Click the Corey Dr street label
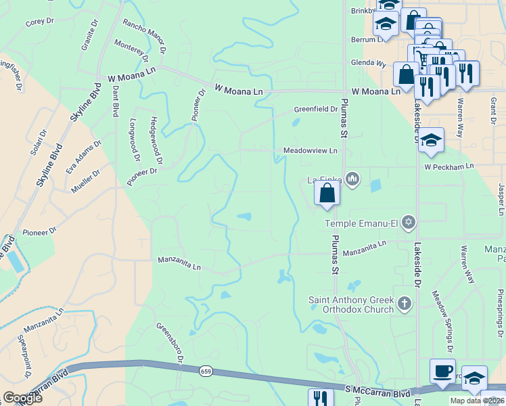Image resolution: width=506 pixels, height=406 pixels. tap(39, 22)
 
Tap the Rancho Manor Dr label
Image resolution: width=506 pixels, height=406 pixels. tap(144, 36)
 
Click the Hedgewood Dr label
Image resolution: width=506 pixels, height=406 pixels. tap(156, 141)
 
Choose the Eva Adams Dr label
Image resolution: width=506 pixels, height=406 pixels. tap(83, 157)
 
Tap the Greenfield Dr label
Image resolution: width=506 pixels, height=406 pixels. tap(315, 109)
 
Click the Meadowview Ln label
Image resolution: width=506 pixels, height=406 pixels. tap(310, 150)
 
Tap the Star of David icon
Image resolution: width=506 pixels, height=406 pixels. tap(408, 222)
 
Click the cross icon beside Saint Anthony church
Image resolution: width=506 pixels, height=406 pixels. tap(405, 304)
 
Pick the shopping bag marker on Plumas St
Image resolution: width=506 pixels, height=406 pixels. tap(327, 193)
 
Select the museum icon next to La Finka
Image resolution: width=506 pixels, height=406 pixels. tap(352, 179)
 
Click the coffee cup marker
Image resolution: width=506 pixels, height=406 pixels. tap(442, 371)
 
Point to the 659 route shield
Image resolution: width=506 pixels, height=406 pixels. tap(206, 371)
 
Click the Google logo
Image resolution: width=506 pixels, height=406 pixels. tap(22, 397)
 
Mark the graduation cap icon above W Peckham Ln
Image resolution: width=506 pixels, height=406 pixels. tap(431, 141)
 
